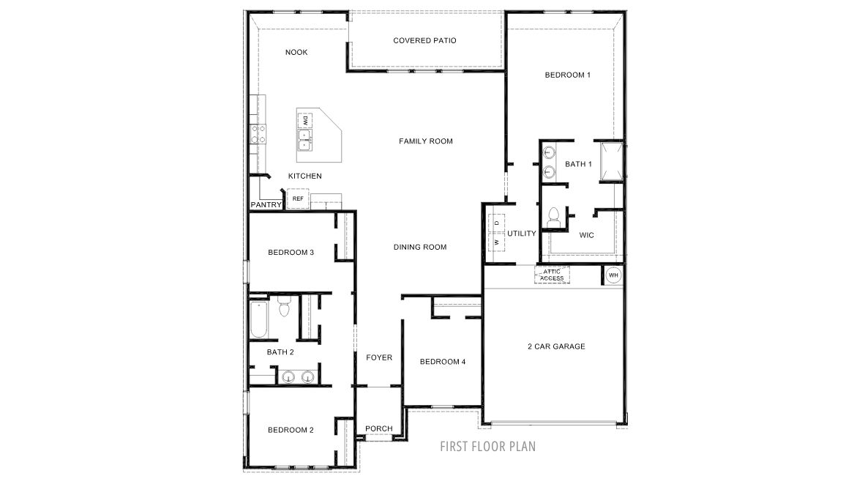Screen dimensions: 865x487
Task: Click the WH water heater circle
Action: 613,275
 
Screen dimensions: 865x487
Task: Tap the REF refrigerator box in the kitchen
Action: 298,198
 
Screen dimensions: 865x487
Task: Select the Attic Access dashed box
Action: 552,275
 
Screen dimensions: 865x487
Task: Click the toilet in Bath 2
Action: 284,306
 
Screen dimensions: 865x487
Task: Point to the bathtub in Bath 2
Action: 258,319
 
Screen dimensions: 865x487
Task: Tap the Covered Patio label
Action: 424,40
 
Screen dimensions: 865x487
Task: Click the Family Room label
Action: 426,141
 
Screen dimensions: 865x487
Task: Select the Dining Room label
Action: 420,247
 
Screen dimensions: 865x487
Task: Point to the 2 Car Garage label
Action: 556,346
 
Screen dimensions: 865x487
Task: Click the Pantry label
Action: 266,205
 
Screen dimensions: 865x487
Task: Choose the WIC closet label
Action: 586,235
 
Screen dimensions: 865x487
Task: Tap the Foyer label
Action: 379,358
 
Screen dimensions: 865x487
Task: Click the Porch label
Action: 379,428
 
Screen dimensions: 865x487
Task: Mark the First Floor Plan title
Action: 487,446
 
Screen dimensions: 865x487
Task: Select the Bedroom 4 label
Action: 443,362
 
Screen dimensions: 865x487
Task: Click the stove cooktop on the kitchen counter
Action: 258,133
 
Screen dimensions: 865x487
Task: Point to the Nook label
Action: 296,53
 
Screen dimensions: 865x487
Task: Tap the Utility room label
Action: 521,234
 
